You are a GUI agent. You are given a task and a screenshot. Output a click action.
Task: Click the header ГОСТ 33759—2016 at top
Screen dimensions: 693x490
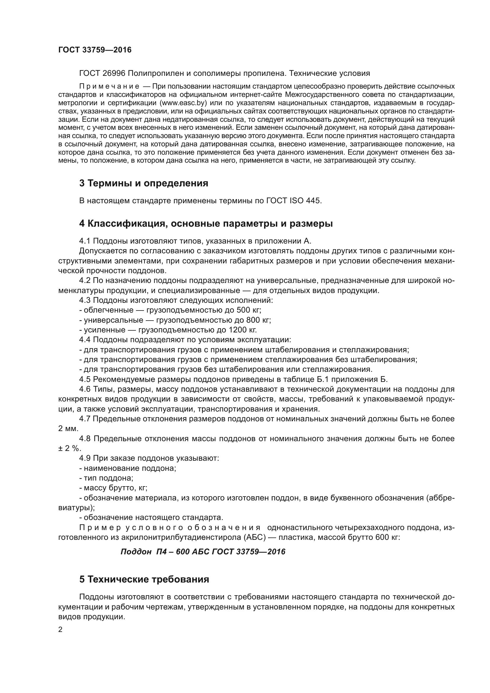tap(95, 50)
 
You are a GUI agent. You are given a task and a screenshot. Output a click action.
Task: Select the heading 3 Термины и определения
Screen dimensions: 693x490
tap(144, 183)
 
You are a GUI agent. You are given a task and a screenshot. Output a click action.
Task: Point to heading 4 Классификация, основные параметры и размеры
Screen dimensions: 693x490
tap(206, 224)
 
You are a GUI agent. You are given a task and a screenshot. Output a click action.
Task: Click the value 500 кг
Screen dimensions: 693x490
tap(249, 310)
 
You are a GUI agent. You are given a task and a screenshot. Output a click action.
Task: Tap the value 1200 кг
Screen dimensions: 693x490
tap(243, 330)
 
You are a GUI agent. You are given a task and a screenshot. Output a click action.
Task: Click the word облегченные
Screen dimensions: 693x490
tap(109, 310)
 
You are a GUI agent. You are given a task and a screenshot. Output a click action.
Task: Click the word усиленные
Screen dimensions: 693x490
tap(104, 330)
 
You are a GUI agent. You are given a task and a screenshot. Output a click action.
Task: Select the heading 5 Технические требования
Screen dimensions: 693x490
tap(144, 579)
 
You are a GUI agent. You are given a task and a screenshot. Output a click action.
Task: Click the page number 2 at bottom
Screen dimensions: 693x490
tap(60, 630)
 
